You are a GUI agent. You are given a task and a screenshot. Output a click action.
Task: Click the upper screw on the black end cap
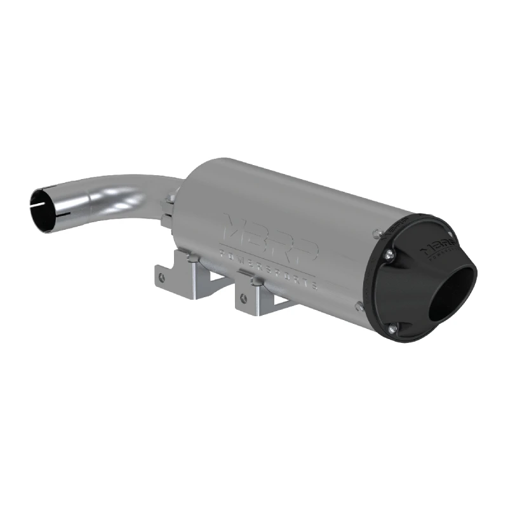(x=388, y=254)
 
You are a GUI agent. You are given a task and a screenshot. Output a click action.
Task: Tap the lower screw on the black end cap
(x=392, y=328)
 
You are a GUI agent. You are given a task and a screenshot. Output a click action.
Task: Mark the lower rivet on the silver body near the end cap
(x=361, y=305)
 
